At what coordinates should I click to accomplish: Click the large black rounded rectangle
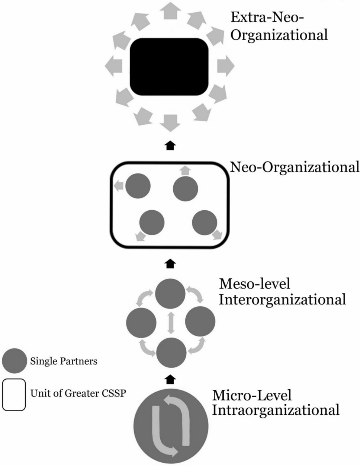169,66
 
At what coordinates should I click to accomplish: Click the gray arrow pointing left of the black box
113,66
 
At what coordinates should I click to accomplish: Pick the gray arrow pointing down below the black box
170,122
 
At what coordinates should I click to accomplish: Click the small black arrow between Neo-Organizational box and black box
170,146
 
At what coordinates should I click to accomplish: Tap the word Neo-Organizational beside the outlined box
295,167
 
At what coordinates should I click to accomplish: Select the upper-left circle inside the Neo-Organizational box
138,186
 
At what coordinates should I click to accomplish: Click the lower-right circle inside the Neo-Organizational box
205,223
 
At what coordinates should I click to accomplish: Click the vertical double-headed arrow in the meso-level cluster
171,322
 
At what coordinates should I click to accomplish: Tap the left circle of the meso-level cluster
141,322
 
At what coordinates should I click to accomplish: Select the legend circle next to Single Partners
14,361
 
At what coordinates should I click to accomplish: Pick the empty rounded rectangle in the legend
14,395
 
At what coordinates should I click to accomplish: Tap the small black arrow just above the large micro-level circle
170,379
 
